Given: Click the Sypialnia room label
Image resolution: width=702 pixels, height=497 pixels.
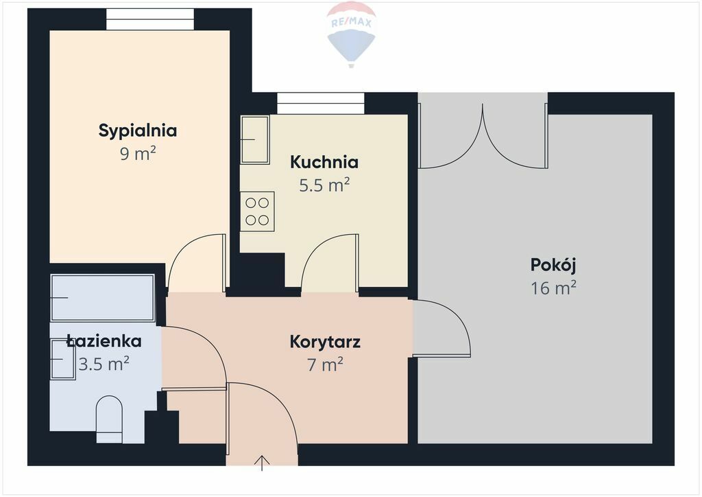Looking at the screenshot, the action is pos(137,131).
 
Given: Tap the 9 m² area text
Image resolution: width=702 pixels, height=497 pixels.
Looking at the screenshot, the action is pos(137,154).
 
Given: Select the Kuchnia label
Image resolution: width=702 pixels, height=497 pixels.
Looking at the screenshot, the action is pos(324,162).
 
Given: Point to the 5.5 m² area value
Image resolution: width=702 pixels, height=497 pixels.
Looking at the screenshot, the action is pos(324,185).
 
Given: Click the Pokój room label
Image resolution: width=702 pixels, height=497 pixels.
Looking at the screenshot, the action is pos(553,265).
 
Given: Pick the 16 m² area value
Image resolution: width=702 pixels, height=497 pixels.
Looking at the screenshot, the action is pos(553,288).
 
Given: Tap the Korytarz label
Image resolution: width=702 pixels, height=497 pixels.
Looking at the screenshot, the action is pos(325,342).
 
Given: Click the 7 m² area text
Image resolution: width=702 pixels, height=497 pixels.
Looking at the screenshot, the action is pos(325,365).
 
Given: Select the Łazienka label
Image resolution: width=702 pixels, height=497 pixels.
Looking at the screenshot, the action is pos(104,341).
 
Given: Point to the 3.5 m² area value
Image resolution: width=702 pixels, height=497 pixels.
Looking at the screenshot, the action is pos(104,364).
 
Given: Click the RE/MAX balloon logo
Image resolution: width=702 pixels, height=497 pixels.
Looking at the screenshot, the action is pos(352,34).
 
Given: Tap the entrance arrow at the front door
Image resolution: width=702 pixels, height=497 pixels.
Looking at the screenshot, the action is pos(262,463).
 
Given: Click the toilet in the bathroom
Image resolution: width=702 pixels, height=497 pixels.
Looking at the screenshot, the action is pos(109,419).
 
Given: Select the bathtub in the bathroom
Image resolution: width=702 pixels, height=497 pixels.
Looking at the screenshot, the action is pos(103,297).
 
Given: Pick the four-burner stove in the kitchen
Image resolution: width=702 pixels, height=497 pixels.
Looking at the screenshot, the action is pos(258,211).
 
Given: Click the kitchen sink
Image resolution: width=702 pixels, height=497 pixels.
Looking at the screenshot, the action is pos(255,139).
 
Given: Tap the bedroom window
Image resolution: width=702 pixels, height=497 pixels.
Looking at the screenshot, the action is pos(150,19).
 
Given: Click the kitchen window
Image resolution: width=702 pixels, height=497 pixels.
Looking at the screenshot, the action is pos(321,103).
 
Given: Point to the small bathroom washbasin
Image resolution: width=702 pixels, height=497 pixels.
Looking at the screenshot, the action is pos(62,360).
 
